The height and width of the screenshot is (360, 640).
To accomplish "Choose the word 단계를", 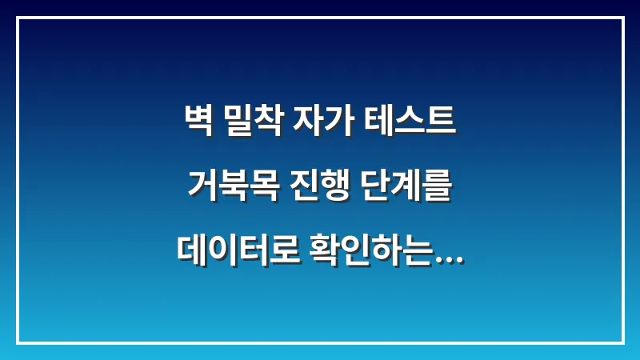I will pos(405,187).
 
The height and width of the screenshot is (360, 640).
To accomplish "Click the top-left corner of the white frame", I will pos(18,18).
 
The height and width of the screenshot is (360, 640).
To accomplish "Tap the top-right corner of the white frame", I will pos(622,18).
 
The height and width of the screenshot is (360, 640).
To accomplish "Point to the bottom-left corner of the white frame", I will pos(18,342).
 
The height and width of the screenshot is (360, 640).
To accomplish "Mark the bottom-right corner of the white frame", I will pos(622,342).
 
